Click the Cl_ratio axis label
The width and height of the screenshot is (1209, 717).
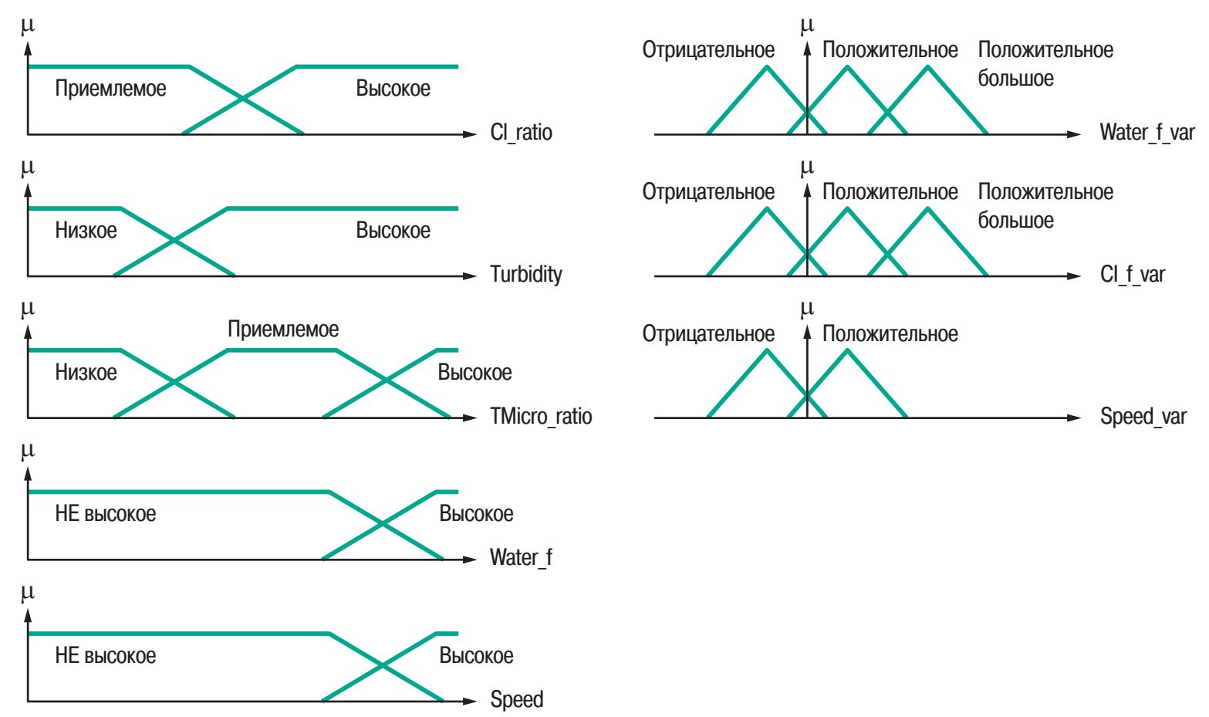coord(521,133)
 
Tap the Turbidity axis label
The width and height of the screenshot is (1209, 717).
coord(525,274)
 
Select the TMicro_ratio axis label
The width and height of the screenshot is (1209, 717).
coord(541,417)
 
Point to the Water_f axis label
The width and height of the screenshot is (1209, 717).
coord(521,557)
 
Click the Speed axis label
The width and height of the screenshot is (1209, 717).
coord(516,700)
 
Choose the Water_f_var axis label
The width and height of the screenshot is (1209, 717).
coord(1147,133)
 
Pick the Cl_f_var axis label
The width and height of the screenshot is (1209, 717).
coord(1133,274)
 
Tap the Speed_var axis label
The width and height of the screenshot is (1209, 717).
coord(1143,417)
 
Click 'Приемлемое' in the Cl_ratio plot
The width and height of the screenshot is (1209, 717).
coord(110,88)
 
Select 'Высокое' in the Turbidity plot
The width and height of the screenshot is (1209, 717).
coord(393,230)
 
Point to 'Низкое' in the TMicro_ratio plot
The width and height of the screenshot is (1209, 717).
coord(86,373)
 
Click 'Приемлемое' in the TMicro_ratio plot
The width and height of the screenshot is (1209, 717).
coord(283,330)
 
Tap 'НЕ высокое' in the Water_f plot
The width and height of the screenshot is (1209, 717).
coord(105,514)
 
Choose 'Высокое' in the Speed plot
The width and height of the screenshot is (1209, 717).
coord(476,656)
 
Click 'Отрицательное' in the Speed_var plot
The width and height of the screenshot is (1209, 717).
coord(708,334)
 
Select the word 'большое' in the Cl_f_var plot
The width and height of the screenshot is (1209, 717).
coord(1015,221)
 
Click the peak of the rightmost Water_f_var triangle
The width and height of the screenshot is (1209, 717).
coord(928,66)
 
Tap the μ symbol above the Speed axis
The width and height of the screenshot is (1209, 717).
coord(29,593)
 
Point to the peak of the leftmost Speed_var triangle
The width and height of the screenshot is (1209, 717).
coord(767,350)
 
